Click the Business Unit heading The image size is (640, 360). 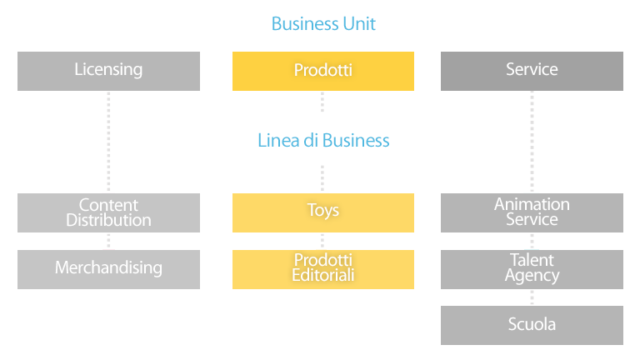pos(323,23)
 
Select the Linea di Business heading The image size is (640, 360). pos(323,140)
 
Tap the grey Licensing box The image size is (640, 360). pos(108,71)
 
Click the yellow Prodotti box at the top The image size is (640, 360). pos(323,71)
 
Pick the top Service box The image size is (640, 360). pos(532,71)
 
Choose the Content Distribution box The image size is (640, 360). pos(108,212)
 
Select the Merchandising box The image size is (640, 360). pos(108,269)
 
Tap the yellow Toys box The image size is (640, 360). pos(323,212)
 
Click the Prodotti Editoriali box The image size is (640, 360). pos(323,269)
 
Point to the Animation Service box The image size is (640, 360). pos(532,212)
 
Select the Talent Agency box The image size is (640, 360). pos(532,269)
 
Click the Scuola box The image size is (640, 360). pos(532,325)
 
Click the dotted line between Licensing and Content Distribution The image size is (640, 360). pos(108,142)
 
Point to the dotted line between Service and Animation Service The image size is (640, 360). pos(532,142)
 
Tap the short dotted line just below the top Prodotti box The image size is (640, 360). pos(322,102)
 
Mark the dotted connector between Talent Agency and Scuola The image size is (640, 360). pos(532,297)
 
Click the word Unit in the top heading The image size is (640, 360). pos(359,23)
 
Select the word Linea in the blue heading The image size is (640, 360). pos(278,140)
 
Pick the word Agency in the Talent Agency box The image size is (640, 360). pos(532,276)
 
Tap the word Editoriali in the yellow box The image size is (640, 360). pos(323,275)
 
